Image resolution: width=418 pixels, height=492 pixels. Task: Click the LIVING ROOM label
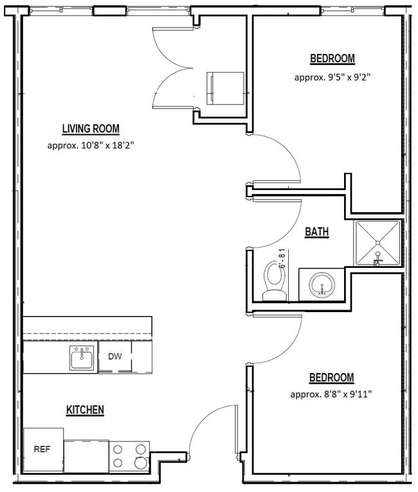[x=91, y=128]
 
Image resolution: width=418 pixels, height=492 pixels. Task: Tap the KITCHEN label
[x=85, y=410]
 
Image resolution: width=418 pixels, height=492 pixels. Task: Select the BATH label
[x=316, y=232]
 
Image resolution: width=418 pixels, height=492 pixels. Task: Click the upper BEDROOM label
[x=332, y=59]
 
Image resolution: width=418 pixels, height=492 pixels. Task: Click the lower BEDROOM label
[x=331, y=378]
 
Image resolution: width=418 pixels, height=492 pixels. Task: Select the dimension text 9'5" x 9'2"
[x=332, y=77]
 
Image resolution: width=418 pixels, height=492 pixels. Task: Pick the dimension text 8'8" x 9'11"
[x=331, y=394]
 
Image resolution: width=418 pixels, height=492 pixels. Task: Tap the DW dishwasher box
[x=114, y=356]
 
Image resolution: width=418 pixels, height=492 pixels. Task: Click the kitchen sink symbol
[x=82, y=358]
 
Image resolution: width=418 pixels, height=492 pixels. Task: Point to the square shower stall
[x=378, y=243]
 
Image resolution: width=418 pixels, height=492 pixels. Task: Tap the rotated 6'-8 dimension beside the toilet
[x=282, y=256]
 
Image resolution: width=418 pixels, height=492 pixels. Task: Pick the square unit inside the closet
[x=225, y=88]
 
